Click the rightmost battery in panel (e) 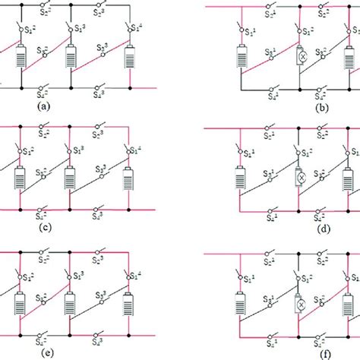click(130, 300)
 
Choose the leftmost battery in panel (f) click(242, 300)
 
